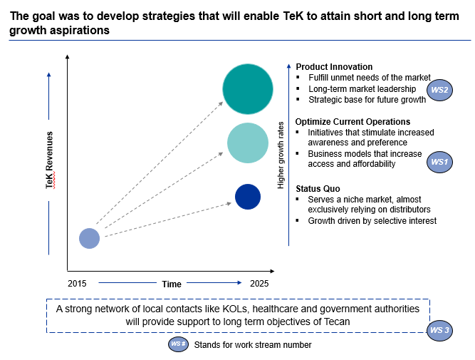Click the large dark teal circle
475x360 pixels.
coord(248,89)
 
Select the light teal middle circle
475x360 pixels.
coord(248,143)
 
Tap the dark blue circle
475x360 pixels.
coord(248,197)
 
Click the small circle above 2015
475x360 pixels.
coord(89,238)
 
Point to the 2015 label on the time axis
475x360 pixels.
coord(78,283)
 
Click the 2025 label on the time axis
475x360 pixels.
coord(259,283)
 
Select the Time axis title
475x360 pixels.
coord(172,284)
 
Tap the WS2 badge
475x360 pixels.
coord(439,90)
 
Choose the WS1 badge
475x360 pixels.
coord(439,163)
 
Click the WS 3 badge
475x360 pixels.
coord(440,330)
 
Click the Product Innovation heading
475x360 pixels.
coord(334,67)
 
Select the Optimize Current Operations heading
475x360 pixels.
coord(353,122)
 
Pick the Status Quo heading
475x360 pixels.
coord(318,188)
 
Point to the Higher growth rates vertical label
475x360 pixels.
coord(281,155)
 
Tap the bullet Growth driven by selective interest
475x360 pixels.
coord(372,221)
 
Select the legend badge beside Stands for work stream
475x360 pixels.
coord(177,344)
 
